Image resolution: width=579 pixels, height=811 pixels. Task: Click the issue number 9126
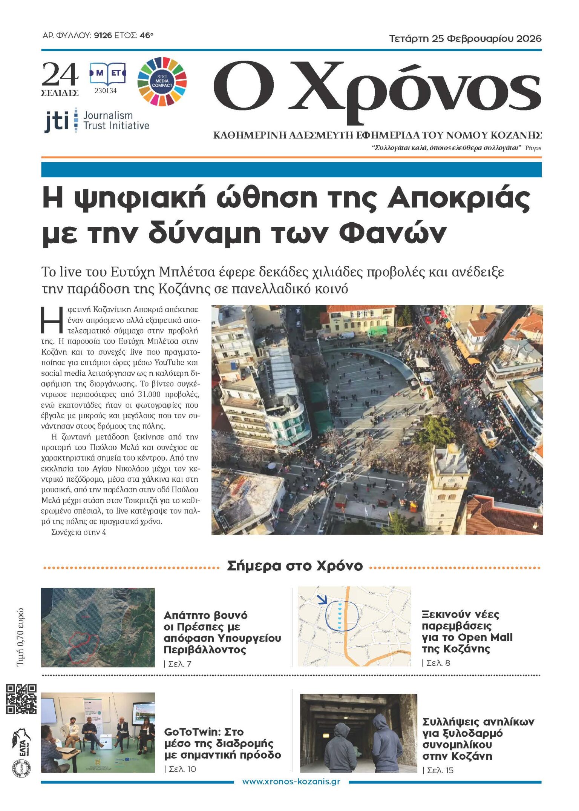pos(103,36)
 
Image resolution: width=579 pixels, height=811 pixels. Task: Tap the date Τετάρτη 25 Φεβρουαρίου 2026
pos(465,38)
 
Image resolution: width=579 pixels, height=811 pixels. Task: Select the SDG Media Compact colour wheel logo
pos(162,81)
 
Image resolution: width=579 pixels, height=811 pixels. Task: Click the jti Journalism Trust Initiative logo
pos(97,121)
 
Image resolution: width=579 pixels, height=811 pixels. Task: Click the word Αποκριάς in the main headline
pos(459,198)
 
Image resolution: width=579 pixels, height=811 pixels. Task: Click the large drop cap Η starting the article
pos(52,320)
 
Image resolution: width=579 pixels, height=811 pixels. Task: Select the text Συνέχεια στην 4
pos(79,532)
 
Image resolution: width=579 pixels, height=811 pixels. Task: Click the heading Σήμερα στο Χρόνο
pos(295,566)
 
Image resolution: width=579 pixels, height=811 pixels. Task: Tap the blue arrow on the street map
pos(322,599)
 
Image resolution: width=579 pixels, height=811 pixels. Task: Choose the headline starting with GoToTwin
pos(222,743)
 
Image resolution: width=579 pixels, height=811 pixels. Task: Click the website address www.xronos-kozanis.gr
pos(291,782)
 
